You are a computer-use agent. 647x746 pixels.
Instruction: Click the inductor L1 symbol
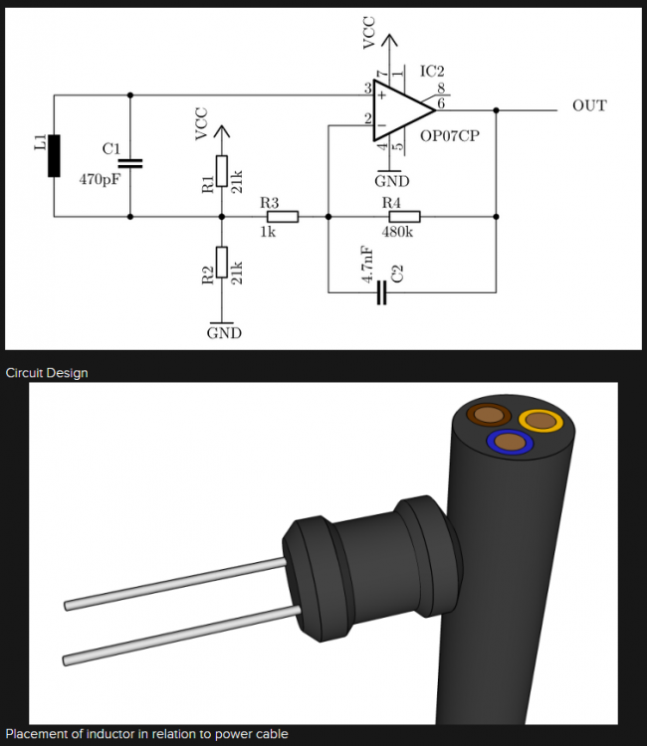(x=53, y=155)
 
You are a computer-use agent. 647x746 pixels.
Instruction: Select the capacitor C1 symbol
(x=130, y=162)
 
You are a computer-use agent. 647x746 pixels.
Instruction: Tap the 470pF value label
(x=99, y=181)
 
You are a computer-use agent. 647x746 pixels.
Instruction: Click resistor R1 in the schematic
(x=222, y=171)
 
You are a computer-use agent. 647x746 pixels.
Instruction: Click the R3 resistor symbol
(x=283, y=216)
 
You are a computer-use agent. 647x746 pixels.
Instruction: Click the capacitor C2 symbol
(x=380, y=292)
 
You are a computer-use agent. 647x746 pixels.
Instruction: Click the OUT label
(x=589, y=105)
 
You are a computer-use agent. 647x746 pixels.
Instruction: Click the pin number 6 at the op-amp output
(x=440, y=102)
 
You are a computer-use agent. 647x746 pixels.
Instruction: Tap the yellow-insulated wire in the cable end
(x=542, y=422)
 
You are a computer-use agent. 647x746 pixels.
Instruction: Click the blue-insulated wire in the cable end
(x=509, y=442)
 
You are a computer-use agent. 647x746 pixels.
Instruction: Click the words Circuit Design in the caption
(x=47, y=373)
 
